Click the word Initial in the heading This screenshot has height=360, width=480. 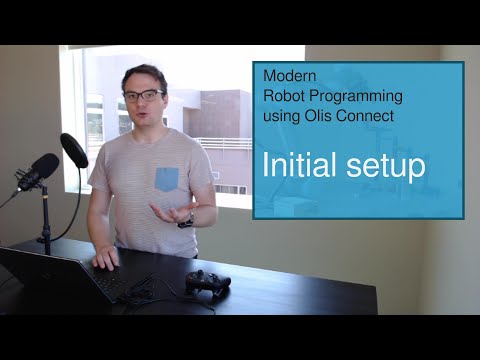coord(300,165)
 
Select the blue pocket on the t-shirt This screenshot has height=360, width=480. coord(166,178)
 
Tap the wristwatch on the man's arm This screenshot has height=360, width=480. coord(185,221)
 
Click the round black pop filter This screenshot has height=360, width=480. coord(74,150)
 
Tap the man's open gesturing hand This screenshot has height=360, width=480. coord(169,212)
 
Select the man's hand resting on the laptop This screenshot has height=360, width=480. coord(106,259)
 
